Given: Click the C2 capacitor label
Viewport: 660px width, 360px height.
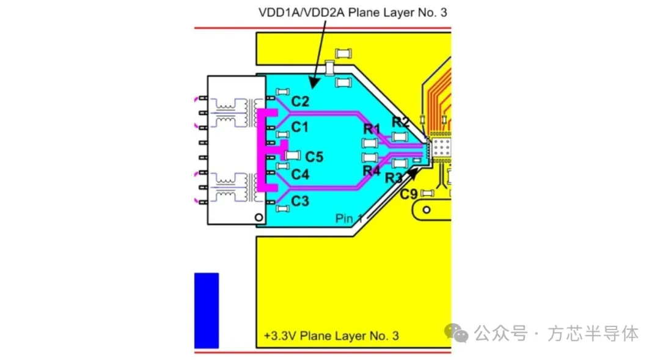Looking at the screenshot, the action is tap(300, 101).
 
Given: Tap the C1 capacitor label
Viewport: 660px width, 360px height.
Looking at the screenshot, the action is tap(299, 127).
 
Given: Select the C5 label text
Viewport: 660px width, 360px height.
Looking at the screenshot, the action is tap(314, 157).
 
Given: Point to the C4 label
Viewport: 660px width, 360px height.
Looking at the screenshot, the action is tap(300, 174).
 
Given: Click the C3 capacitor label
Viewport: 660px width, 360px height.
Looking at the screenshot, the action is tap(300, 201).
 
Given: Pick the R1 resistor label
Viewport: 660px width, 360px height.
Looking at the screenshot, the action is tap(372, 129).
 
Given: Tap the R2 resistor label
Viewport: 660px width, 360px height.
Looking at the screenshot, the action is tap(400, 122).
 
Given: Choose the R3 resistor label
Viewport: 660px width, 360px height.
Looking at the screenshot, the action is tap(394, 178).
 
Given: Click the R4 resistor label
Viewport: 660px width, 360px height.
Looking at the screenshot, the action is tap(372, 171).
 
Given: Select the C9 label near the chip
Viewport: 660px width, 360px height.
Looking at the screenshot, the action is tap(409, 194).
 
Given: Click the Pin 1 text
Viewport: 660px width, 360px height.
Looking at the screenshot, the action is tap(349, 219).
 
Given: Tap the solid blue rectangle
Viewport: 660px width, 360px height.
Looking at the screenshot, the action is tap(207, 310).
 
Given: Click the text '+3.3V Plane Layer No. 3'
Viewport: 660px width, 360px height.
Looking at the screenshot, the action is tap(331, 336).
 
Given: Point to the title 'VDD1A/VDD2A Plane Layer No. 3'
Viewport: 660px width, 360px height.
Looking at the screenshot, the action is tap(353, 13).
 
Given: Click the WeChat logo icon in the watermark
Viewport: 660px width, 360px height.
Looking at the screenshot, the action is tap(457, 333).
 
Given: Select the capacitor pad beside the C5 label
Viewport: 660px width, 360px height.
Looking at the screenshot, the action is tap(293, 155).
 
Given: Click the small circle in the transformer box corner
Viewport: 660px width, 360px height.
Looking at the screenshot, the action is tap(259, 218).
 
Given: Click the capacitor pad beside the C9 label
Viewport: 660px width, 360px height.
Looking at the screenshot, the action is tap(427, 193).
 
